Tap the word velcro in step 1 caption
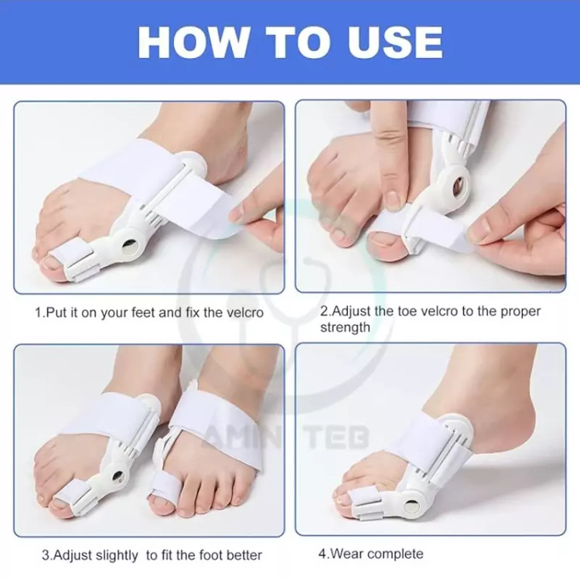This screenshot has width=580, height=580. point(244,313)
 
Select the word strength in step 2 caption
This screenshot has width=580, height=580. point(345,328)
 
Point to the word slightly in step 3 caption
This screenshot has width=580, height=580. point(117,555)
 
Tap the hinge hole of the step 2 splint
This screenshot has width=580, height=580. point(459,183)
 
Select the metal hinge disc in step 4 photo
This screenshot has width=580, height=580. point(411,505)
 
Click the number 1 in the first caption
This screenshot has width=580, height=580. point(38,313)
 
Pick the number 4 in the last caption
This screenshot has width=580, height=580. point(322,554)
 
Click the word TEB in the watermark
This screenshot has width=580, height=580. point(338,436)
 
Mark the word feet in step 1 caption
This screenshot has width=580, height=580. point(145,313)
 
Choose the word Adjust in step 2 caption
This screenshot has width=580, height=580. point(351,312)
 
